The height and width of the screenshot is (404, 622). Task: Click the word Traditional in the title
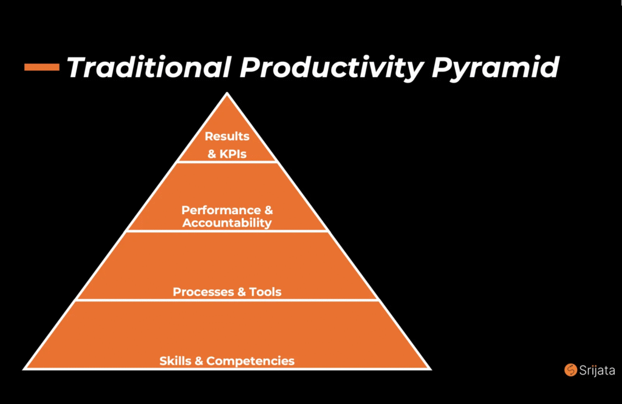tap(149, 67)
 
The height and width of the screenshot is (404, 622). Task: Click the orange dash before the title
tap(42, 67)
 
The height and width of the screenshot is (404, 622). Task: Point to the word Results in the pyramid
tap(227, 136)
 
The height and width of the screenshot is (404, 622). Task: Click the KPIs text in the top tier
tap(233, 153)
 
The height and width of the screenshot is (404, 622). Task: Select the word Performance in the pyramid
tap(221, 210)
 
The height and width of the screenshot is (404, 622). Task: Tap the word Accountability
tap(227, 223)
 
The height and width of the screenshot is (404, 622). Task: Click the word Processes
tap(203, 292)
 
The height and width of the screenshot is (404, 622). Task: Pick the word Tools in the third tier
tap(265, 292)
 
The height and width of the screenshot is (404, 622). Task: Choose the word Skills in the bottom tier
tap(175, 361)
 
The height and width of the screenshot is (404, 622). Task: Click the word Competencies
tap(250, 361)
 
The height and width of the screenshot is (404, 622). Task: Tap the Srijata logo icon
tap(570, 369)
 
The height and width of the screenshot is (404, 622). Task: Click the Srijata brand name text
tap(597, 370)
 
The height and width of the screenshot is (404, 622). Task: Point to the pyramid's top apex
tap(227, 93)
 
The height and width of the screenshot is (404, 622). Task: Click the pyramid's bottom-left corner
tap(23, 369)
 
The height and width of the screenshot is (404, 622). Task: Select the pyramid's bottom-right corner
tap(431, 369)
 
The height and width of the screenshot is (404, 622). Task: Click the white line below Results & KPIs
tap(227, 161)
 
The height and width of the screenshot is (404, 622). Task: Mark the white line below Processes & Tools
tap(227, 300)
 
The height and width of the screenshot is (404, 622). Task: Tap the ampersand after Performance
tap(268, 210)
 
